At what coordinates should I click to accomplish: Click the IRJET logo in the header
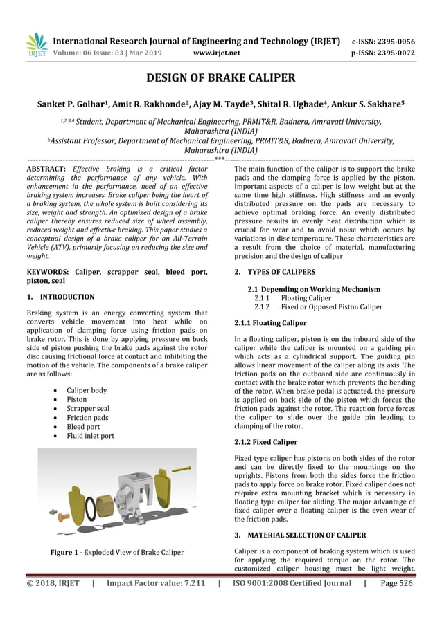click(36, 44)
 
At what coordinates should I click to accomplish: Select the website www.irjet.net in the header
click(217, 52)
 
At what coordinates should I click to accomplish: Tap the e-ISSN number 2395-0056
click(395, 40)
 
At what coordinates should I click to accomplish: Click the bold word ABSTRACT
click(46, 169)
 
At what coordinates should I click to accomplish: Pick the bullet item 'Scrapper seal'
click(88, 408)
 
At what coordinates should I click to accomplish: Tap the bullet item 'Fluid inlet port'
click(91, 436)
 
